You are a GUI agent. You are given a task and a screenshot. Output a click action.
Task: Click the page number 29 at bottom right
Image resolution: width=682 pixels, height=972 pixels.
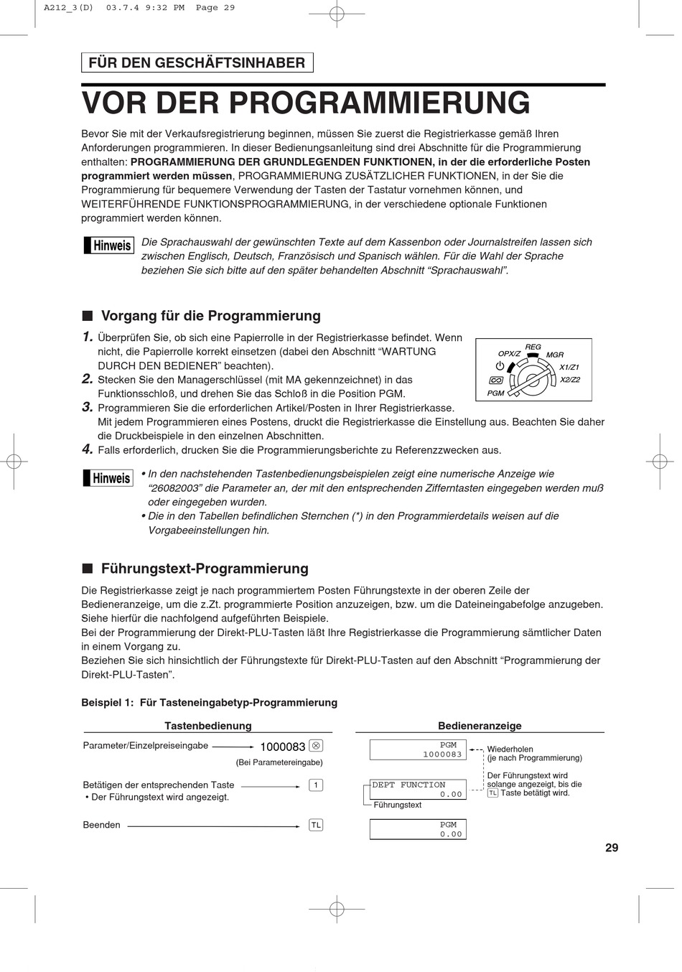[x=611, y=848]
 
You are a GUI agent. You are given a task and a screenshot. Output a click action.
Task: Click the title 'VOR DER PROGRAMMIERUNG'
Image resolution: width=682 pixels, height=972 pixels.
[x=306, y=103]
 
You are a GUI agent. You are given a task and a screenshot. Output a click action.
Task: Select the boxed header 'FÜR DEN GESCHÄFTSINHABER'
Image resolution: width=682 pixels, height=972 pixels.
[x=197, y=63]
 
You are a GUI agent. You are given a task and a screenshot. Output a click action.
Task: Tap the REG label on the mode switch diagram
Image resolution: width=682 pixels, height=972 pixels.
[x=533, y=347]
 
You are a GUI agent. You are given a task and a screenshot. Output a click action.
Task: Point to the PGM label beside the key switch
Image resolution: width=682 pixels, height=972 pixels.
[x=495, y=393]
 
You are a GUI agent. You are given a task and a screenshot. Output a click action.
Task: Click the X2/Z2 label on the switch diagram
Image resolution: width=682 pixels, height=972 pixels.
[x=569, y=380]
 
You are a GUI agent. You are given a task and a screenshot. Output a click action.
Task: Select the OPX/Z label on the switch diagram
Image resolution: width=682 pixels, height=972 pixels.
[x=509, y=354]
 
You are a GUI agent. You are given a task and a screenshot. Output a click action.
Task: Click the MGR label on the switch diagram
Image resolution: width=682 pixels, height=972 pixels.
[x=555, y=355]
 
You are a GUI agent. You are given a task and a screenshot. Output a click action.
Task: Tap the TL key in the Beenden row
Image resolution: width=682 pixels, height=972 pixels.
[x=316, y=825]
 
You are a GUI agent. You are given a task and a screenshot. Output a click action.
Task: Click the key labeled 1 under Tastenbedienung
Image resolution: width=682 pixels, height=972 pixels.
[x=316, y=785]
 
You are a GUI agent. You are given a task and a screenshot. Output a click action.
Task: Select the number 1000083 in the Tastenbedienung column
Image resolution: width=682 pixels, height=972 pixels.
[x=282, y=747]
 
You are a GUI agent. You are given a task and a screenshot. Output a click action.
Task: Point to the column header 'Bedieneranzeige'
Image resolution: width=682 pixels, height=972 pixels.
[x=480, y=726]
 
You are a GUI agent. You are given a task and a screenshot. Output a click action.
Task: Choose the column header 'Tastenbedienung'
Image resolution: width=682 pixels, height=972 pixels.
[x=208, y=726]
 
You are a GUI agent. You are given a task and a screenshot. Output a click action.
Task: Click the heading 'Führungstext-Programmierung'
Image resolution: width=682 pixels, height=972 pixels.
[x=205, y=569]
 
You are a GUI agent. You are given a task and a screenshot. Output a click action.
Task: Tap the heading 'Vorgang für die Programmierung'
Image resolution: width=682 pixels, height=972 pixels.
[x=210, y=316]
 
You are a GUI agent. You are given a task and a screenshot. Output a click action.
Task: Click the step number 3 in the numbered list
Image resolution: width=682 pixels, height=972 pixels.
[x=88, y=407]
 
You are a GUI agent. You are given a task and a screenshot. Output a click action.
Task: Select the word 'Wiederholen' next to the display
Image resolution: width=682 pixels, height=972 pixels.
[x=510, y=749]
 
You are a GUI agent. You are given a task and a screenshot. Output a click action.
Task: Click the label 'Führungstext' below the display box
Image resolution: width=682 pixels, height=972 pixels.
[x=398, y=805]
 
